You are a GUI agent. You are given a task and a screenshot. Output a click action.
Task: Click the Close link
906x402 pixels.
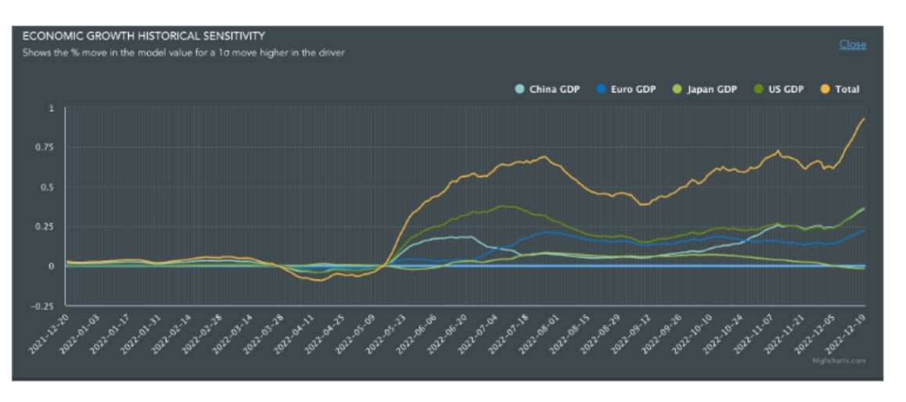pyautogui.click(x=852, y=45)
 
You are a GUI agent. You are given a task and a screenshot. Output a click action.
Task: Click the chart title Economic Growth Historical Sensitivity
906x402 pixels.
pyautogui.click(x=143, y=36)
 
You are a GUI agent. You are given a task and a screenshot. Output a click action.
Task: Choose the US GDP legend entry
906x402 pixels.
pyautogui.click(x=783, y=89)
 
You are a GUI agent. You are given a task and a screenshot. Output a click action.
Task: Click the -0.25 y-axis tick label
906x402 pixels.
pyautogui.click(x=44, y=305)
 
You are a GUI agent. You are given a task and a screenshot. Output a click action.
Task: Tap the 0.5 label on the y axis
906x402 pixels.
pyautogui.click(x=49, y=188)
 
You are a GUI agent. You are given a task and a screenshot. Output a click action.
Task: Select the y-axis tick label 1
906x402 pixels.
pyautogui.click(x=52, y=109)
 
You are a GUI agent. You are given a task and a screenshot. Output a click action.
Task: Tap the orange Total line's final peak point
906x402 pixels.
pyautogui.click(x=864, y=118)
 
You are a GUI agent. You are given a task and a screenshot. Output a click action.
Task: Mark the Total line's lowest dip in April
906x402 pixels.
pyautogui.click(x=317, y=279)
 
